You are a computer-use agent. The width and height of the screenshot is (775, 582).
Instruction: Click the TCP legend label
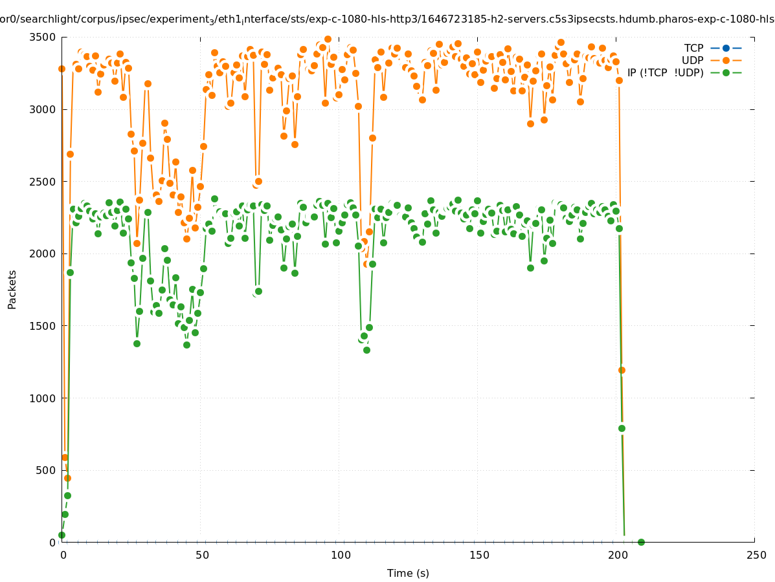[693, 48]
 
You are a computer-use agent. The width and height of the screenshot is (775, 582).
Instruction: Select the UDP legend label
[692, 60]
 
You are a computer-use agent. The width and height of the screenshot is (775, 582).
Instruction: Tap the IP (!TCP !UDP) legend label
[665, 72]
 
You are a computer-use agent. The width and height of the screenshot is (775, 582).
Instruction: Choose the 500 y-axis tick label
[45, 470]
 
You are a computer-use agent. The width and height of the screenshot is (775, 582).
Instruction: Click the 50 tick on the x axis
[202, 555]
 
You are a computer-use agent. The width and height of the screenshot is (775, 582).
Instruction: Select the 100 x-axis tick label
[341, 555]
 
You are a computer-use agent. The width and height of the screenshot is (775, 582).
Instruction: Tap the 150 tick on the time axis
[479, 555]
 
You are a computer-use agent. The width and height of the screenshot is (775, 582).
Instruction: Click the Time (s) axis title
[408, 573]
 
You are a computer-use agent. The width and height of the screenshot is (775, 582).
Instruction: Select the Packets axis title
[12, 289]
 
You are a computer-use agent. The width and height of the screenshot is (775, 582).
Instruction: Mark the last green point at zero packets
[641, 542]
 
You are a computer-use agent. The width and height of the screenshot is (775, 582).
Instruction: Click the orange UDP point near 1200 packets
[622, 370]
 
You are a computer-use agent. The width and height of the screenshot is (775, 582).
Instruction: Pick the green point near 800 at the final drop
[622, 428]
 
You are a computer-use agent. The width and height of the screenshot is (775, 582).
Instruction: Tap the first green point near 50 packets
[62, 535]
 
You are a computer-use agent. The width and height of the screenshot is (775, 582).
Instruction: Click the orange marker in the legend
[726, 60]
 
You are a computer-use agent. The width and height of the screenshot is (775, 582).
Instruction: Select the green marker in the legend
[726, 72]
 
